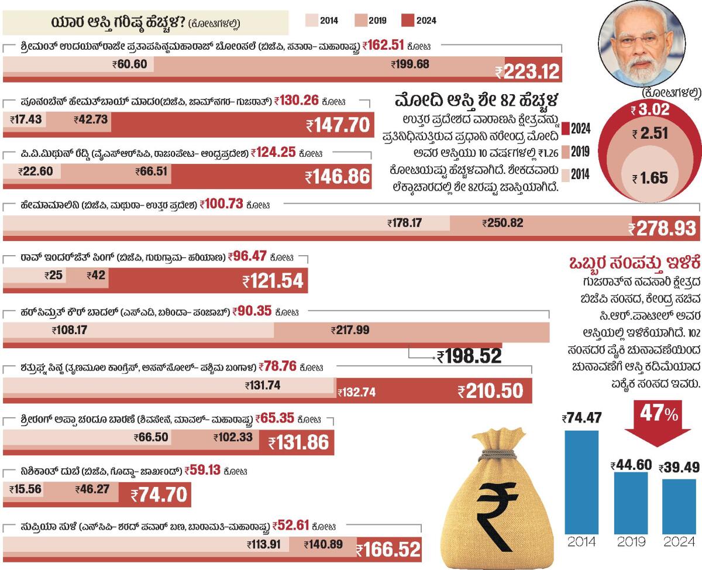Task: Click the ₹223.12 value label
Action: [x=528, y=73]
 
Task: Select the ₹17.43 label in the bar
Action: [x=26, y=119]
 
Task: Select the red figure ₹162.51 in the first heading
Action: [x=384, y=44]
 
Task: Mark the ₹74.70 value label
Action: [x=159, y=496]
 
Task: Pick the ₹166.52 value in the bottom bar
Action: [x=388, y=550]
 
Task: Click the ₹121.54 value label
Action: [x=273, y=282]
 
